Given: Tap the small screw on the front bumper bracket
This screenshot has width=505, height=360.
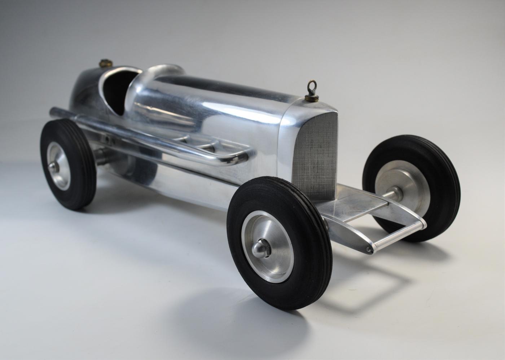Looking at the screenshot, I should coord(368,249).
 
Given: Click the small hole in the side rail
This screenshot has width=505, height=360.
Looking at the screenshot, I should coord(107,139).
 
